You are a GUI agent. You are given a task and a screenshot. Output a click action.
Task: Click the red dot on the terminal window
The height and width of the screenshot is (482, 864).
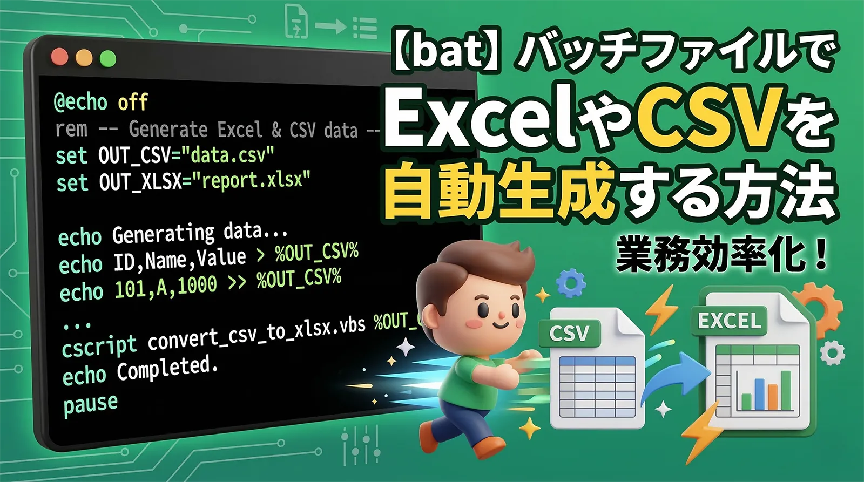coord(59,57)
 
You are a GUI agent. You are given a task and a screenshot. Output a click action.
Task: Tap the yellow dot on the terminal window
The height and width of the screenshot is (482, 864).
coord(84,58)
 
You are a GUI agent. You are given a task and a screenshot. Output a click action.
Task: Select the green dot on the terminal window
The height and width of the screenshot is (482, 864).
coord(108,58)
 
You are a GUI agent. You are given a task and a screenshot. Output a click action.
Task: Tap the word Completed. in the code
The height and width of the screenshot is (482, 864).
coord(167,368)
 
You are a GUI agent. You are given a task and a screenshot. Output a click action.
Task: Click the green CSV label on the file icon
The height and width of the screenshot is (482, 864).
coord(569,333)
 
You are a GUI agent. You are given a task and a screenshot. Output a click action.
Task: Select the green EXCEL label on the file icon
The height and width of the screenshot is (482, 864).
coord(729,321)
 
